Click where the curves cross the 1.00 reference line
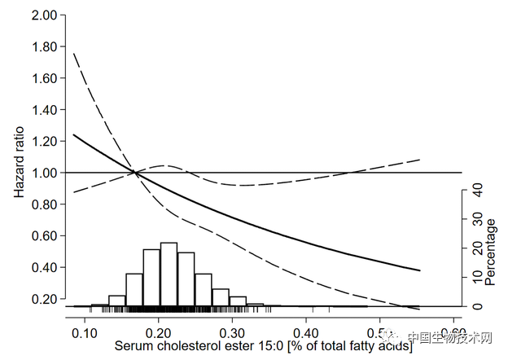coord(135,172)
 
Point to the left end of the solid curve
coord(73,134)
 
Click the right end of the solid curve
coord(420,270)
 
